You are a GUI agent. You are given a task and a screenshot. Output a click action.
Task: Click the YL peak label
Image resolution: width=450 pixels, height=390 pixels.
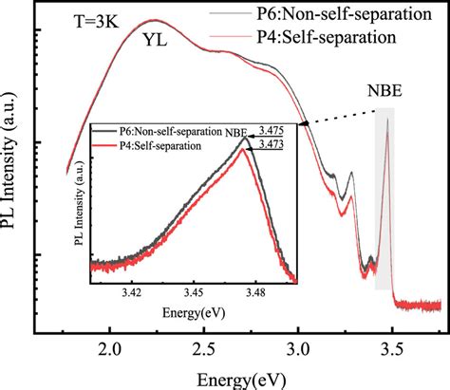158,42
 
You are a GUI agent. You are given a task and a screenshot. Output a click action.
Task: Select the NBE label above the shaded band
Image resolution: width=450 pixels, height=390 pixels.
385,93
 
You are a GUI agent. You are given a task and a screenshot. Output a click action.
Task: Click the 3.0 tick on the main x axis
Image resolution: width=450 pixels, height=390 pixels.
299,347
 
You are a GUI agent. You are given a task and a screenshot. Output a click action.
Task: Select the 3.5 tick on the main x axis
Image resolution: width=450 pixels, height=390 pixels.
391,347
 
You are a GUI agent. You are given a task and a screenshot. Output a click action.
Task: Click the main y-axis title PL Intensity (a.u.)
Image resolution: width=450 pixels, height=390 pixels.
14,179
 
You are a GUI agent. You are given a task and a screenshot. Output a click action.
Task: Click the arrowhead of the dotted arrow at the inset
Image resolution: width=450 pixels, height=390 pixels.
302,123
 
